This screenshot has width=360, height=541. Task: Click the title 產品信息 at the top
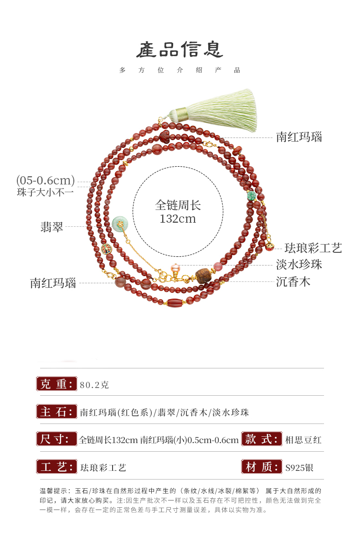[180, 50]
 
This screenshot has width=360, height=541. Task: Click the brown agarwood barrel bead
[202, 276]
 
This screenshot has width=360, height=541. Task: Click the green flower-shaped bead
[251, 196]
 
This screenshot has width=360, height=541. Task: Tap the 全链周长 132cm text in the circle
[178, 211]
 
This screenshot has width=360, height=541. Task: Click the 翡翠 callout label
[51, 226]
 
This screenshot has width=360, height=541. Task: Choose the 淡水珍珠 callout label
[299, 265]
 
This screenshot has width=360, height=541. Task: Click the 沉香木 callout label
[293, 281]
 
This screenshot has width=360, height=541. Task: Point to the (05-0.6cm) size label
[46, 180]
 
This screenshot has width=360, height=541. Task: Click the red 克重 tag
[56, 384]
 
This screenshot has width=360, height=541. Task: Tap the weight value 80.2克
[94, 385]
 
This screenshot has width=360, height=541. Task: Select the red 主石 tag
[56, 412]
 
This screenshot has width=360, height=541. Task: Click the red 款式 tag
[261, 439]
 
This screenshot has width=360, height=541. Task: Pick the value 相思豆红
[303, 440]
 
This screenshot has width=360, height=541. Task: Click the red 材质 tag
[261, 467]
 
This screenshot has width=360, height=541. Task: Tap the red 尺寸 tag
[56, 439]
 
